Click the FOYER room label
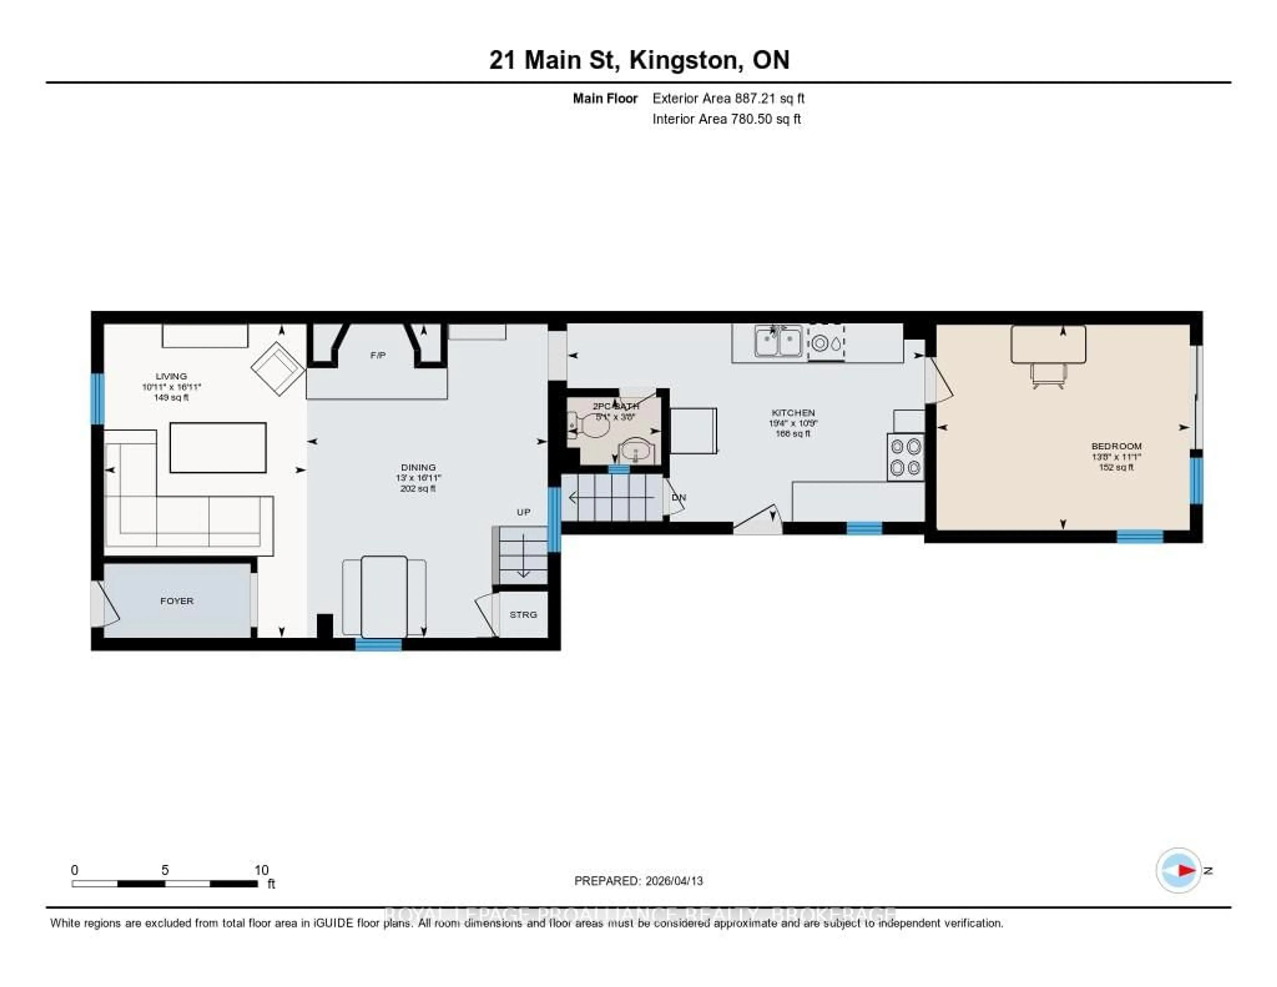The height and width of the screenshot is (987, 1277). tap(177, 601)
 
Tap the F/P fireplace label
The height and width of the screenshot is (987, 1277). tap(378, 355)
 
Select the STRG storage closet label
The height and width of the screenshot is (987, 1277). tap(523, 614)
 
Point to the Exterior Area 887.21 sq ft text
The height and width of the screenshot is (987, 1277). tap(728, 98)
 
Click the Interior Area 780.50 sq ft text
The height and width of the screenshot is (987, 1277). tap(726, 119)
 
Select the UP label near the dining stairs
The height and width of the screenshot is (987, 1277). tap(523, 512)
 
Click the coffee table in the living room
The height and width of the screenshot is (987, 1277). tap(218, 448)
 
